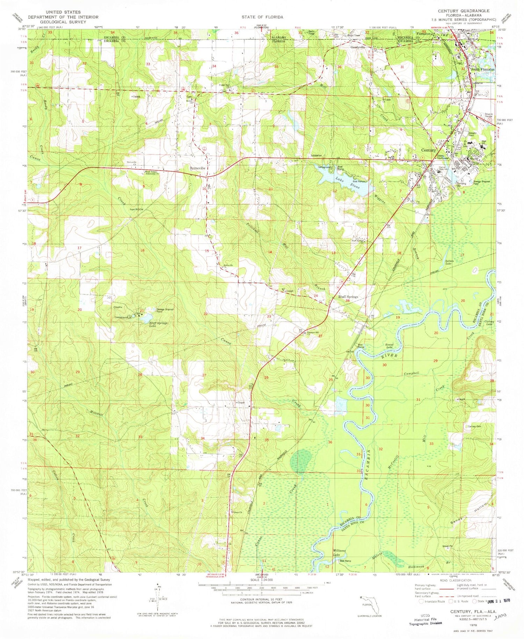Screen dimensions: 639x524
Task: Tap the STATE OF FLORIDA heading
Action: tap(262, 17)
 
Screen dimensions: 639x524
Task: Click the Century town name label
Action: tap(428, 150)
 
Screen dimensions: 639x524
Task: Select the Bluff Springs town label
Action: tap(348, 297)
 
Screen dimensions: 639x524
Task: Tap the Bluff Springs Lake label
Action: tap(159, 324)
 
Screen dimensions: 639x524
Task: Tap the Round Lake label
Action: tap(389, 346)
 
